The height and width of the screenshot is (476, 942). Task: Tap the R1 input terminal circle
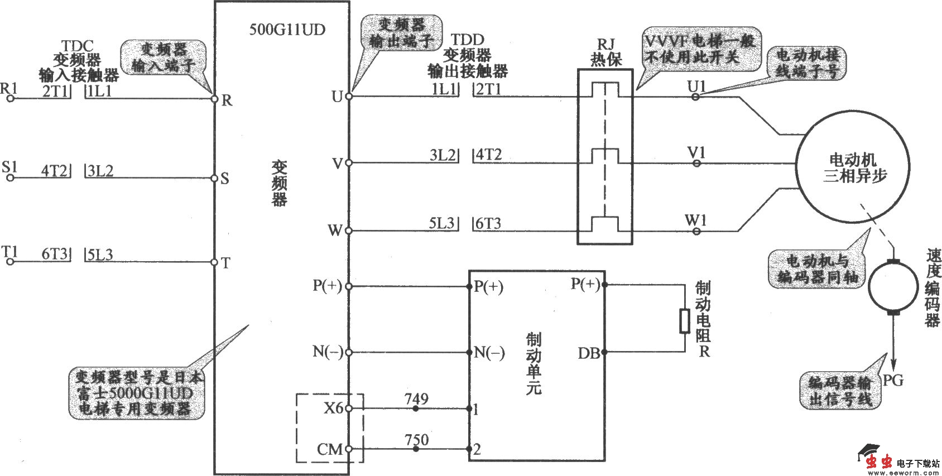(9, 99)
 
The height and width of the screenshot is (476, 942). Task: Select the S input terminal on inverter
(214, 179)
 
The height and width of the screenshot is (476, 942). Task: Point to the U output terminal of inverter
(349, 96)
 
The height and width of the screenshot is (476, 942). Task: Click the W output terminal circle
(349, 230)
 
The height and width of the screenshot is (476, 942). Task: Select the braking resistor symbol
(685, 321)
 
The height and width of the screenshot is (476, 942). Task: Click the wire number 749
(416, 399)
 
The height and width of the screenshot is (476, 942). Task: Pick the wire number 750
(416, 440)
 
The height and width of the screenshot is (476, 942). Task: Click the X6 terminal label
(333, 408)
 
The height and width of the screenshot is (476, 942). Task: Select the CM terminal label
(329, 449)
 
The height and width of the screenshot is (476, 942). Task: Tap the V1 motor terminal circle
(696, 163)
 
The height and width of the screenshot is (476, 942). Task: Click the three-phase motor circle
(854, 167)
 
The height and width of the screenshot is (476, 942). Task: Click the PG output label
(892, 381)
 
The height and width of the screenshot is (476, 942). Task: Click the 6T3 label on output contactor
(488, 223)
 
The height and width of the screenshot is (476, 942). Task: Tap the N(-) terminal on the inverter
(349, 353)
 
